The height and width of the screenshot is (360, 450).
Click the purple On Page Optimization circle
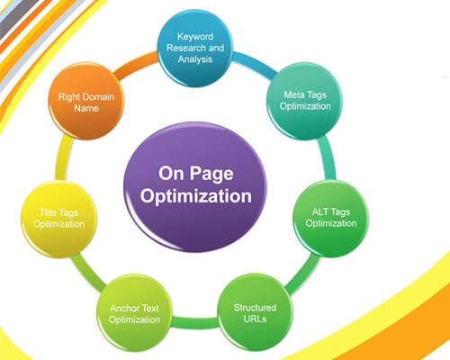coord(195,186)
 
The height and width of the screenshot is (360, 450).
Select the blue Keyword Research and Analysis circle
coord(195,48)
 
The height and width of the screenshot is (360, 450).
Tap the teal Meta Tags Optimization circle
coord(305,101)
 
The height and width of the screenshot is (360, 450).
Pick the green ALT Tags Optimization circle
coord(330,219)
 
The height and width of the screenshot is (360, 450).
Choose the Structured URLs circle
coord(255,312)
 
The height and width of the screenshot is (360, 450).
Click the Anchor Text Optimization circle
coord(134,313)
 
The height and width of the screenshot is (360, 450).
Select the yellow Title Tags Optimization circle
coord(58,219)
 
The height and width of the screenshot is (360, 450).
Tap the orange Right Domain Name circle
coord(86,101)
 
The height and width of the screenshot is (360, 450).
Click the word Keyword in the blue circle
coord(195,37)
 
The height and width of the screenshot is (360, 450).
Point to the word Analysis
coord(195,59)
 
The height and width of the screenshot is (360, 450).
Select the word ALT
coord(320,211)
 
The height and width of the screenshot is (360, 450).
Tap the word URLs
coord(255,319)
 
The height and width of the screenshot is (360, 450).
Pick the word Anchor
coord(122,308)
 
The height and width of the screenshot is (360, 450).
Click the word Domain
coord(99,97)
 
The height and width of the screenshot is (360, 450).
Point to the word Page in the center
coord(211,174)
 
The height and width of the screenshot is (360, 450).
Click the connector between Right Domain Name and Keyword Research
coord(136,64)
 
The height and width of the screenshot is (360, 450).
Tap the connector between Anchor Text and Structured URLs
coord(194,322)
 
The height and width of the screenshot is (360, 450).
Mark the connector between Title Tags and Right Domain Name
coord(64,158)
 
